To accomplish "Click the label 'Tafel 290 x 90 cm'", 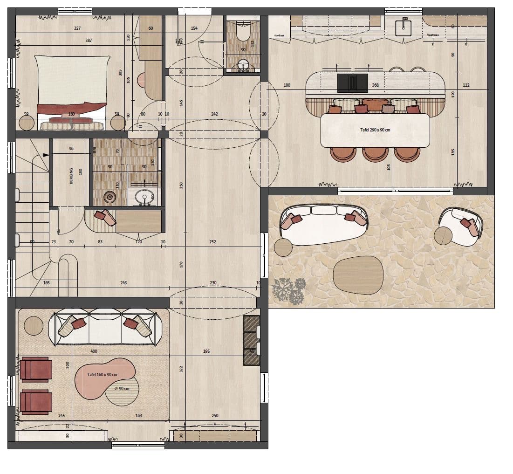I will point(375,130).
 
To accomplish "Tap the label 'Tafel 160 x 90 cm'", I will point(102,375).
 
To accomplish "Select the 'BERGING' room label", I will point(71,176).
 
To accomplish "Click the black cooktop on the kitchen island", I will point(352,83).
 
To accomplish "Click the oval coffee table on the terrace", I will point(358,275).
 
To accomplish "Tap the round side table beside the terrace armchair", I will point(444,235).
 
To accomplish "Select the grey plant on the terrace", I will point(289,289).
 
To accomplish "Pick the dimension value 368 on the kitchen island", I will point(376,85).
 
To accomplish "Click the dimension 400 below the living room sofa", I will point(94,351).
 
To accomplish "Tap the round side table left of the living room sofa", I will point(34,325).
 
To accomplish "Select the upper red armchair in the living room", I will point(36,369).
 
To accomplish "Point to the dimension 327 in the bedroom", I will point(77,28).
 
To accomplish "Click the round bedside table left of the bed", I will point(26,124).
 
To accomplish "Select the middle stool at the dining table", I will point(375,154).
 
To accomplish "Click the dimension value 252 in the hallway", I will point(212,242).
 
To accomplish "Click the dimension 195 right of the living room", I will point(206,351).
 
